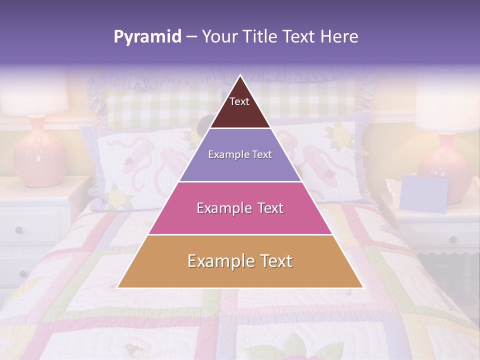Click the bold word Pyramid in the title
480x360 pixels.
tap(147, 36)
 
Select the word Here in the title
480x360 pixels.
tap(339, 36)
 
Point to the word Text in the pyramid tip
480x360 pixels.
tap(239, 101)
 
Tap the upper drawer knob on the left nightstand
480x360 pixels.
tap(19, 230)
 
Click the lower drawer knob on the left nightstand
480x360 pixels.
tap(22, 273)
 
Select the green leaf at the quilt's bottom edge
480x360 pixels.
tap(295, 345)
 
